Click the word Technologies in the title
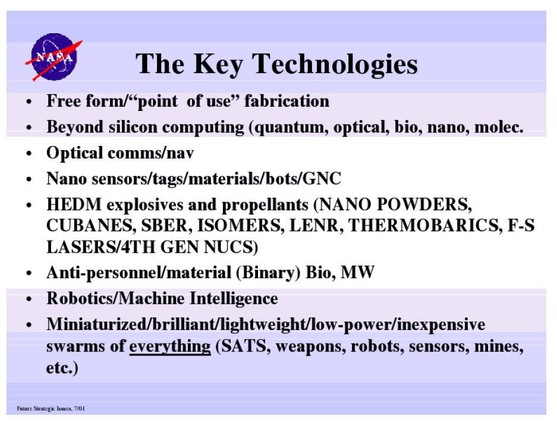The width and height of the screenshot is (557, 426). point(335,65)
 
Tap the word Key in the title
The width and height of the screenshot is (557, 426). point(218,65)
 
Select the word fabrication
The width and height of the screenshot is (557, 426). point(287,101)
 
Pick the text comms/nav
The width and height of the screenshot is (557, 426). point(150,154)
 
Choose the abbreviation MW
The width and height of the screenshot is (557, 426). point(357,272)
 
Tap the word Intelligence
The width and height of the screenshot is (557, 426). point(234,299)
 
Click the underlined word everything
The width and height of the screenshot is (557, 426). point(170,346)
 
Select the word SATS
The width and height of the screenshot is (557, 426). point(244,346)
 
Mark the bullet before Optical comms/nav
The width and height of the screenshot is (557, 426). point(29,154)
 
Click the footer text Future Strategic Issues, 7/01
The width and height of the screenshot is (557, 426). point(51,409)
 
